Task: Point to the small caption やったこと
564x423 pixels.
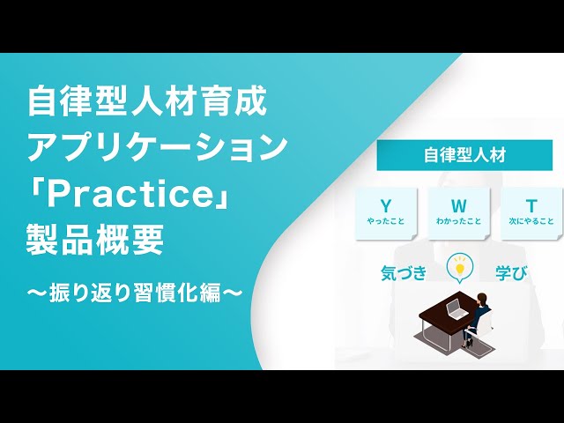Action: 385,222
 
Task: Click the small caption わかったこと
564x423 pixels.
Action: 458,222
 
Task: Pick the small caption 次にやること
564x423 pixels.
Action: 531,222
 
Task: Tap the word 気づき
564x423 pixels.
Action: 404,271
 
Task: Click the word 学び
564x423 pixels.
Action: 511,271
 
